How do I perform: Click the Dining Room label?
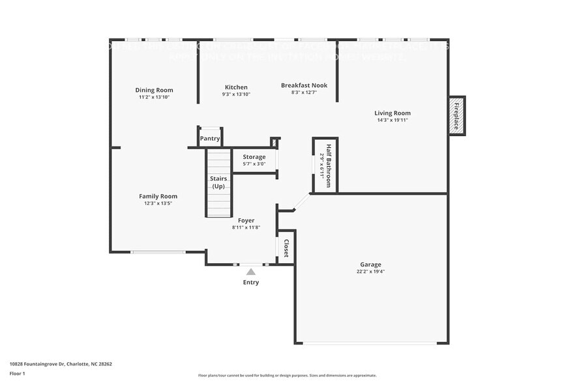click(x=154, y=90)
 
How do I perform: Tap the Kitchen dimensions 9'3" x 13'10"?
click(x=236, y=94)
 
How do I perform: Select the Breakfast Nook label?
click(x=304, y=85)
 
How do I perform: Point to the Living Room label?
click(x=392, y=113)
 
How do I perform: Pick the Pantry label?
click(x=210, y=139)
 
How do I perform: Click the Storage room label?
click(x=254, y=157)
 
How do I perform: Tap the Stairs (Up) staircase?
click(x=218, y=182)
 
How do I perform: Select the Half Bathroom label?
click(x=329, y=165)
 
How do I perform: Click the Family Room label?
click(x=158, y=196)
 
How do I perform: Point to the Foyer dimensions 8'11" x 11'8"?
click(x=246, y=227)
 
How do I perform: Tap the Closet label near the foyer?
click(x=286, y=248)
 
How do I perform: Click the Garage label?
click(x=370, y=264)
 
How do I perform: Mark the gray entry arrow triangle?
click(x=251, y=271)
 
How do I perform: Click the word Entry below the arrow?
click(x=251, y=282)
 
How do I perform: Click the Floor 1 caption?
click(x=18, y=373)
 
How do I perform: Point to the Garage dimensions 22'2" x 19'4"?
click(x=370, y=272)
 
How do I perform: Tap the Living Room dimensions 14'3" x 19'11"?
click(x=392, y=120)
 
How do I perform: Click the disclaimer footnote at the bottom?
click(x=287, y=376)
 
